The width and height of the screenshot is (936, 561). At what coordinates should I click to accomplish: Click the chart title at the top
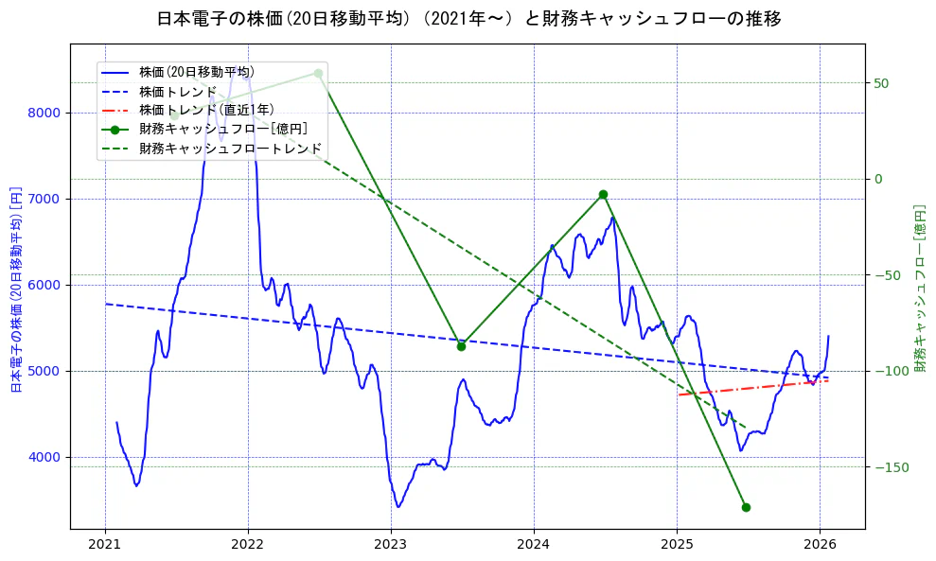pyautogui.click(x=468, y=18)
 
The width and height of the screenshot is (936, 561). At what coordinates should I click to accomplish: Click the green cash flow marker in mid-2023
pyautogui.click(x=461, y=346)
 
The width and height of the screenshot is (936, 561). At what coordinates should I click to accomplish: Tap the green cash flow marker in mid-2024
pyautogui.click(x=603, y=194)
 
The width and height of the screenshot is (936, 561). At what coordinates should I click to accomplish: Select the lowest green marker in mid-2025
pyautogui.click(x=746, y=507)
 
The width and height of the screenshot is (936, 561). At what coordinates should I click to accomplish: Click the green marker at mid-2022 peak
pyautogui.click(x=318, y=73)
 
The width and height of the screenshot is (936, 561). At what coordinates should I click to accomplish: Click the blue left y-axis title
pyautogui.click(x=16, y=289)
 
